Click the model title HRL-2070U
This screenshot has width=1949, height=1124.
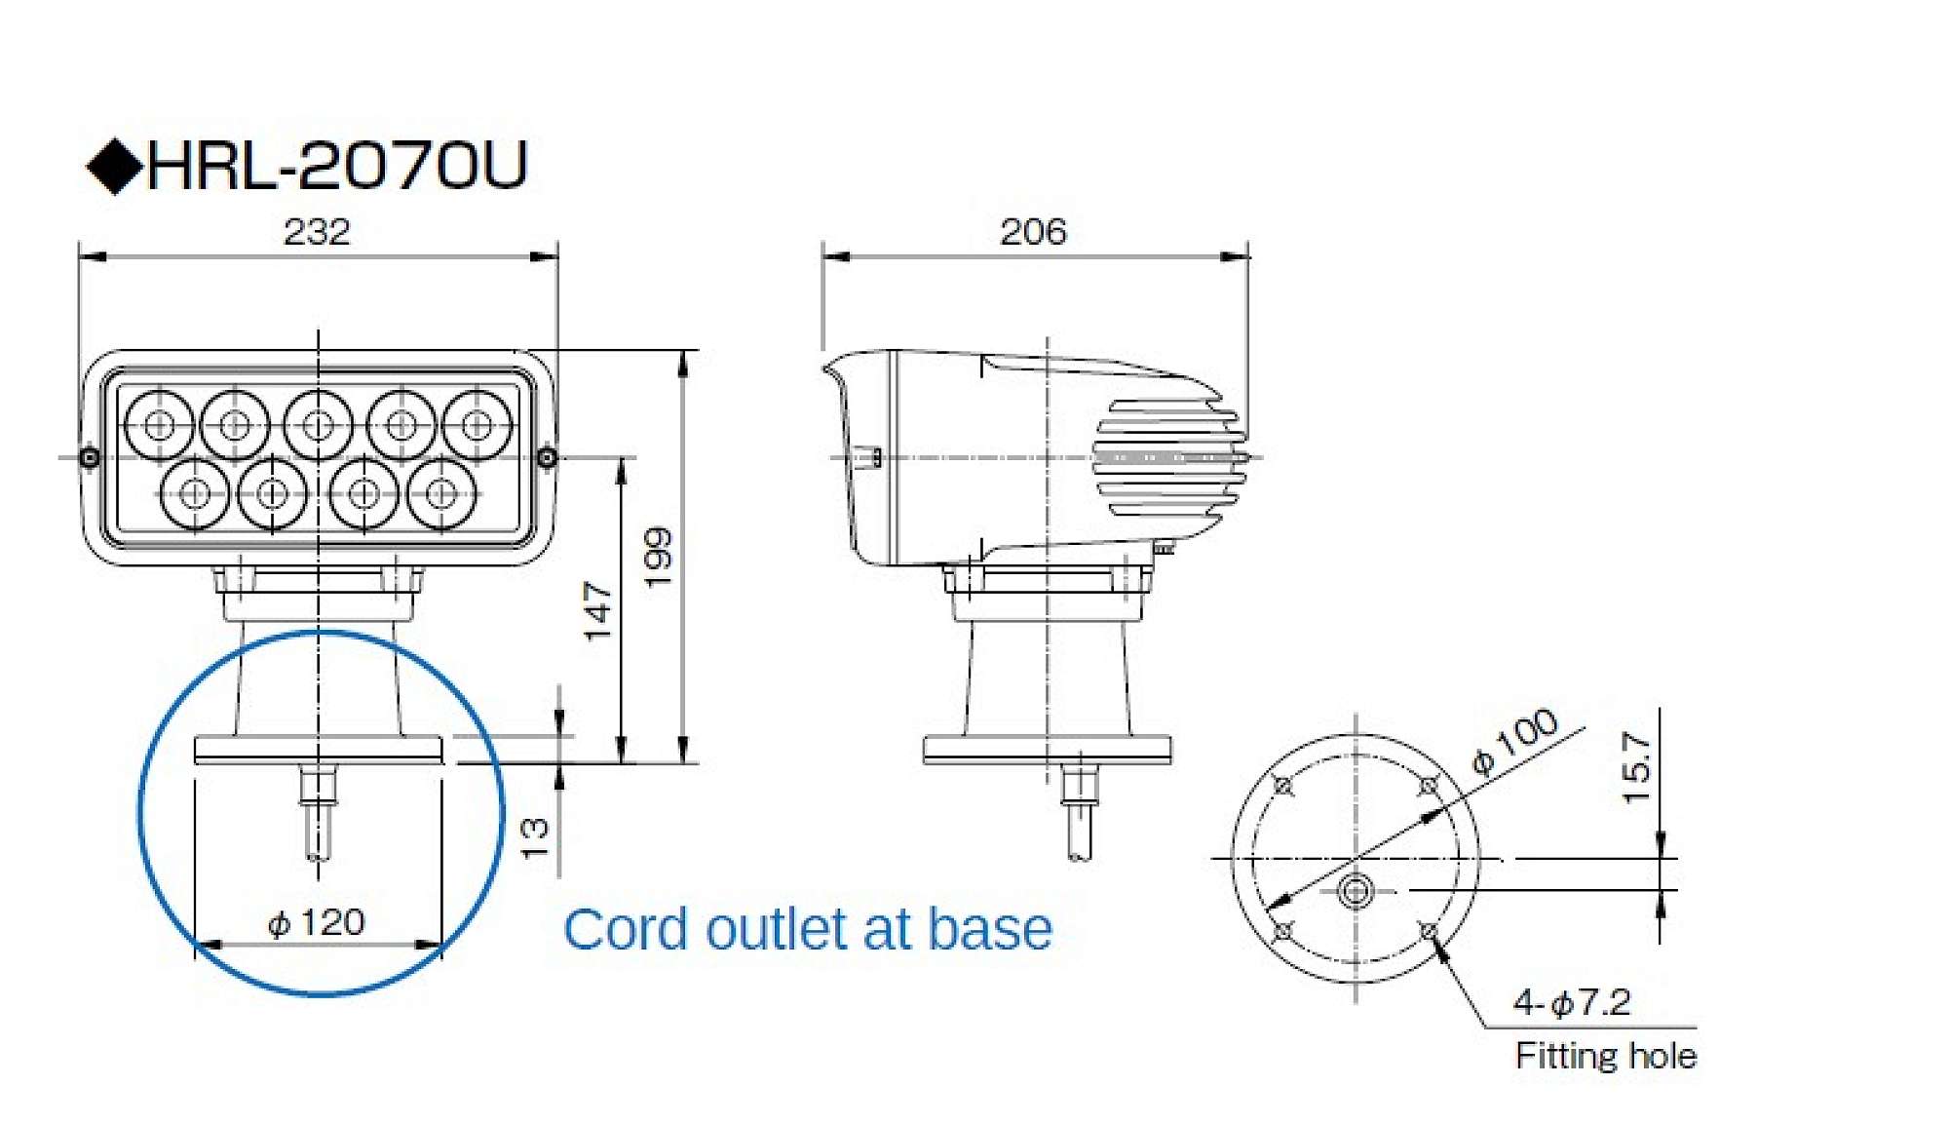click(x=336, y=166)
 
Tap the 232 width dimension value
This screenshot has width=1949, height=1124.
click(x=317, y=232)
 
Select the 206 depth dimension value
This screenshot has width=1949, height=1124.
click(x=1033, y=232)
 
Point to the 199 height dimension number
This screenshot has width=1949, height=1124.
click(x=660, y=557)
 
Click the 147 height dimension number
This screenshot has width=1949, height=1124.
click(x=597, y=611)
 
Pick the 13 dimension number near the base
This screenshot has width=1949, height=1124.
click(x=535, y=837)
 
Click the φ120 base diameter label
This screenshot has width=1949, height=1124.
click(x=317, y=922)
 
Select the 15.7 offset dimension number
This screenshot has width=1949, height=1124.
click(x=1637, y=768)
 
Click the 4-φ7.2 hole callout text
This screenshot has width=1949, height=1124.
click(x=1571, y=1002)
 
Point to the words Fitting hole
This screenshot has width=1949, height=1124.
click(x=1606, y=1056)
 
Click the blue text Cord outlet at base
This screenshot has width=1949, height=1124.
click(x=808, y=929)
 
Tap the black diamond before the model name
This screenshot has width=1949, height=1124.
click(x=115, y=167)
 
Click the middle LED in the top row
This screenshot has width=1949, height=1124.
click(x=318, y=425)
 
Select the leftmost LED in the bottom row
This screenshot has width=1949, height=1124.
click(x=195, y=493)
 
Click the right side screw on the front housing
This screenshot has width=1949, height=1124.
click(x=547, y=457)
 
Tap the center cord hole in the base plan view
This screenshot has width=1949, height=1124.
click(x=1356, y=890)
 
